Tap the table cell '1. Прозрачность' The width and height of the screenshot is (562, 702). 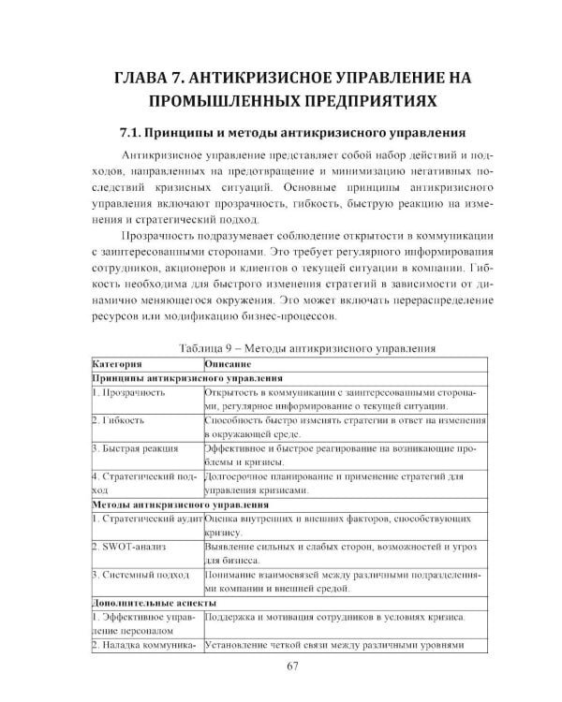tap(129, 393)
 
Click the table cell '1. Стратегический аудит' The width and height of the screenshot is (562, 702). tap(145, 519)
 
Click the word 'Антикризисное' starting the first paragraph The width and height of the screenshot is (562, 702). tap(161, 154)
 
